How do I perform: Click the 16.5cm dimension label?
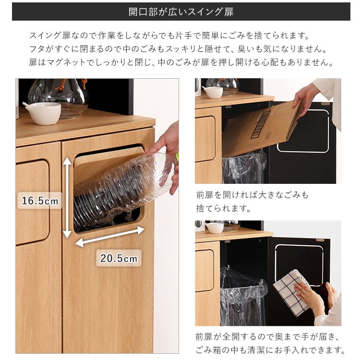click(x=40, y=201)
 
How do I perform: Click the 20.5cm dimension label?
click(x=118, y=258)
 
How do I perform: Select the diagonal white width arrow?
click(x=110, y=237)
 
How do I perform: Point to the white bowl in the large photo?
click(x=42, y=113)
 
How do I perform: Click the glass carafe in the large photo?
click(x=58, y=96)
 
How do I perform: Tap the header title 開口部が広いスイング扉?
click(x=181, y=12)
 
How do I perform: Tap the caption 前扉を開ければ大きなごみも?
click(x=252, y=195)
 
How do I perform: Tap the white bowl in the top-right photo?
click(x=213, y=92)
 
